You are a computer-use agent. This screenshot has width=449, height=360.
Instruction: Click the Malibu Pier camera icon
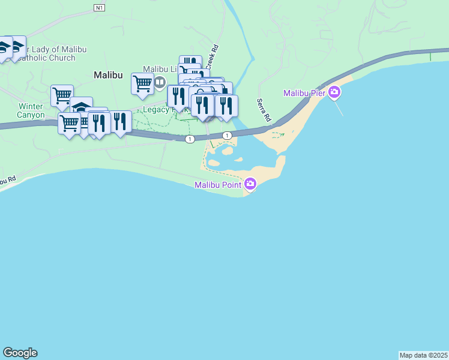coord(334,93)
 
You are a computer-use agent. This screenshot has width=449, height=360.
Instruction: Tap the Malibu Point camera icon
coord(250,184)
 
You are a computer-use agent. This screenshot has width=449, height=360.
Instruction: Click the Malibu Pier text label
coord(305,93)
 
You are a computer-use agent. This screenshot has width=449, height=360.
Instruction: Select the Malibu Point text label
coord(218,185)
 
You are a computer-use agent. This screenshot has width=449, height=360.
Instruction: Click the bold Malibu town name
coord(108,75)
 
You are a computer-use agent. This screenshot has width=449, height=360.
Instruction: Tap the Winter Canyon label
coord(31,110)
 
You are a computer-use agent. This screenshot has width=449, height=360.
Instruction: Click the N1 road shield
coord(100,7)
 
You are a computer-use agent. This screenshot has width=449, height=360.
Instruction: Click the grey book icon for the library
coord(160,82)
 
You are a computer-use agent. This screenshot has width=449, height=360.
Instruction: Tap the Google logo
coord(20,353)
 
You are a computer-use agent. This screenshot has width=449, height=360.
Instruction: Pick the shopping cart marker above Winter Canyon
coord(62,95)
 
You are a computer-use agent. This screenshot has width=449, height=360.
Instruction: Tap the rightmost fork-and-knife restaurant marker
coord(226,105)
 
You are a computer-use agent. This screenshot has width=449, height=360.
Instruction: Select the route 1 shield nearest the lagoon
coord(227,136)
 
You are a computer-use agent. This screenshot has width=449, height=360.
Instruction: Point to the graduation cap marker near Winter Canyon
coord(81,107)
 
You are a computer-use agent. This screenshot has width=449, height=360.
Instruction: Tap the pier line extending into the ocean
coord(340,108)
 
